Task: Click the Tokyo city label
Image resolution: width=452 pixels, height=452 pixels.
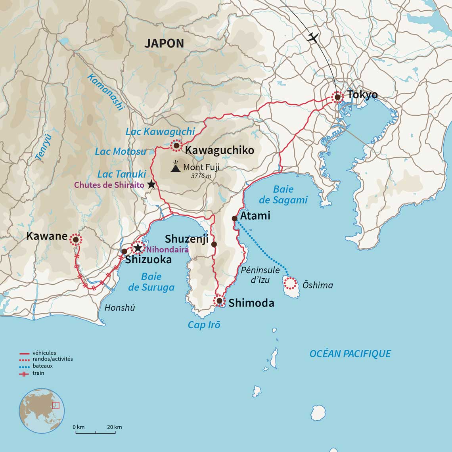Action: click(362, 95)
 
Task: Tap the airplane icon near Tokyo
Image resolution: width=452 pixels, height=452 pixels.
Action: click(313, 38)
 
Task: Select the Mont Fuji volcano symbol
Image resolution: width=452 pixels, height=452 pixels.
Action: click(176, 167)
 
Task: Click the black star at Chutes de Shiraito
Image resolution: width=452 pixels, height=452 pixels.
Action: click(151, 184)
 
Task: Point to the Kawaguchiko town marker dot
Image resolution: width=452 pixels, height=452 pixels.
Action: click(176, 146)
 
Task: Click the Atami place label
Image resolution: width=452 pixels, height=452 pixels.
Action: click(255, 216)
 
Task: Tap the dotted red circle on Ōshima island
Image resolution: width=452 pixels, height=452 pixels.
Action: click(290, 283)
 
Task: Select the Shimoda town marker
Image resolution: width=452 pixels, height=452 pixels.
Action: click(219, 301)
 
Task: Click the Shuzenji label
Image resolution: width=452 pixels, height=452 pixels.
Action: click(186, 239)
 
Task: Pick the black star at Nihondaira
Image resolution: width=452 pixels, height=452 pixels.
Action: click(138, 248)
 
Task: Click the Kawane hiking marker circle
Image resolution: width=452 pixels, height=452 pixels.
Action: click(75, 239)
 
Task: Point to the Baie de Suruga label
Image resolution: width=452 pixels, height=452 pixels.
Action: click(151, 282)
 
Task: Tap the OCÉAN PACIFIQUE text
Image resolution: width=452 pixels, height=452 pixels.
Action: click(350, 354)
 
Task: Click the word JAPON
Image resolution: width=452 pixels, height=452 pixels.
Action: click(164, 44)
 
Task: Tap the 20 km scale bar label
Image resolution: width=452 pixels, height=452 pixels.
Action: click(115, 427)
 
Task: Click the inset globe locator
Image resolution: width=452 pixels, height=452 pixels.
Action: click(42, 411)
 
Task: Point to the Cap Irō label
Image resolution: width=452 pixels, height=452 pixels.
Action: click(204, 325)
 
